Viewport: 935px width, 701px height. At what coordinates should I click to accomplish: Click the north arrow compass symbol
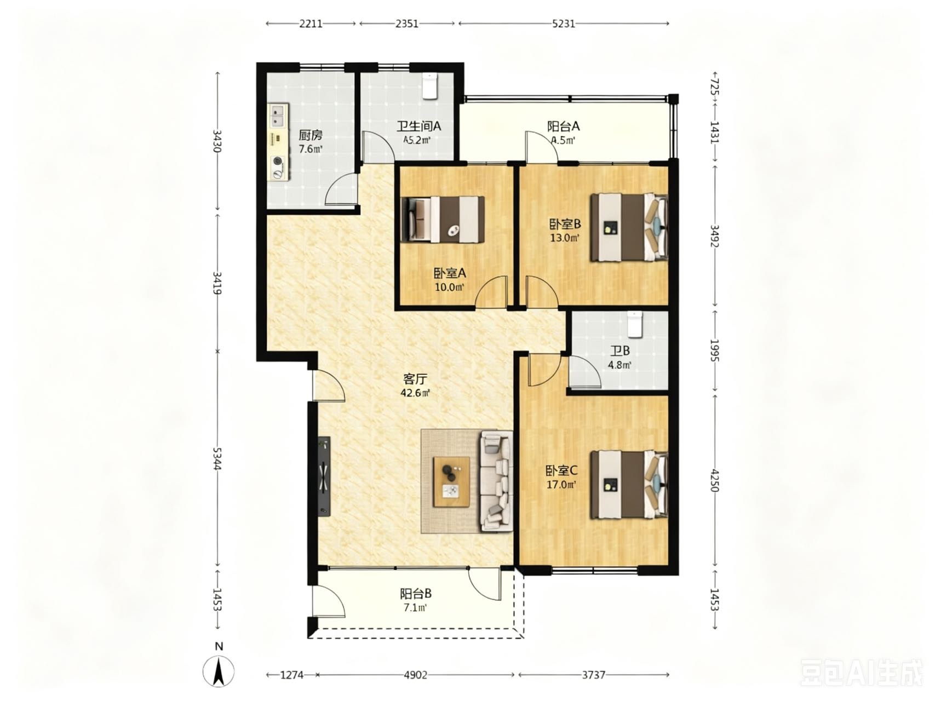[219, 670]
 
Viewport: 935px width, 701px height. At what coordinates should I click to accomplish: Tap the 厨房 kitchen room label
[311, 135]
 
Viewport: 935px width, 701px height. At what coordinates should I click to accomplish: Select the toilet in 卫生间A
[430, 86]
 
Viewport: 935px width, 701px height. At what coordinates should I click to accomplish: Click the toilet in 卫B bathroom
[634, 324]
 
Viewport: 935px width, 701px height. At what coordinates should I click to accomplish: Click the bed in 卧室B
[629, 227]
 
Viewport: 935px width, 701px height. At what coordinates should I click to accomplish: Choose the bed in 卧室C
[629, 485]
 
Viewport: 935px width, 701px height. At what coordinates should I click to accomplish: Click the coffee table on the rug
[452, 481]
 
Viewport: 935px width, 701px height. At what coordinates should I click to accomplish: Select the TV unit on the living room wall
[324, 476]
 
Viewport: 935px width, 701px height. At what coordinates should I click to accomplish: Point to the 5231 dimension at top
[564, 24]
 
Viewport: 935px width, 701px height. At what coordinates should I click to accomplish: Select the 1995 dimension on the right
[714, 350]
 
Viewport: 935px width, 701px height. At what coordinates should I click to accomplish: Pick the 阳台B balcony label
[416, 594]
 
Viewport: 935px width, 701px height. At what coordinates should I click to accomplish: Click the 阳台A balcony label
[564, 127]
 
